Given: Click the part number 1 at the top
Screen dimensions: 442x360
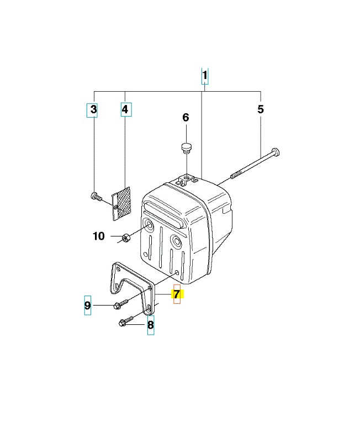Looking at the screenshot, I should pyautogui.click(x=205, y=76).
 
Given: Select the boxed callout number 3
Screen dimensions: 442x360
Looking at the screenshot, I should pyautogui.click(x=94, y=110).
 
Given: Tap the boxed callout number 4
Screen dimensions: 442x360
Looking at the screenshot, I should pyautogui.click(x=125, y=110).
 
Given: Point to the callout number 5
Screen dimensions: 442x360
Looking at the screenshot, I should pyautogui.click(x=261, y=109).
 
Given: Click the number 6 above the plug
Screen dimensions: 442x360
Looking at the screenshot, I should pyautogui.click(x=186, y=117).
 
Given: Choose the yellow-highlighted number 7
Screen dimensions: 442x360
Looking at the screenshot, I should pyautogui.click(x=177, y=294).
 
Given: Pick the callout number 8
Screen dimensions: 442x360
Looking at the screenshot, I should pyautogui.click(x=150, y=325).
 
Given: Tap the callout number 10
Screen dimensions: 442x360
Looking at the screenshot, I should pyautogui.click(x=98, y=236).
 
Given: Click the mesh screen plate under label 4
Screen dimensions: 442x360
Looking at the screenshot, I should pyautogui.click(x=121, y=203).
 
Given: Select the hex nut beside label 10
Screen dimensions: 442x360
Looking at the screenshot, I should pyautogui.click(x=125, y=238).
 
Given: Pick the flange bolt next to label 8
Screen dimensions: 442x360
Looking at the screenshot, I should pyautogui.click(x=123, y=323).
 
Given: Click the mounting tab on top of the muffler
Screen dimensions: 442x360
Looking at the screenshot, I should pyautogui.click(x=187, y=179).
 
